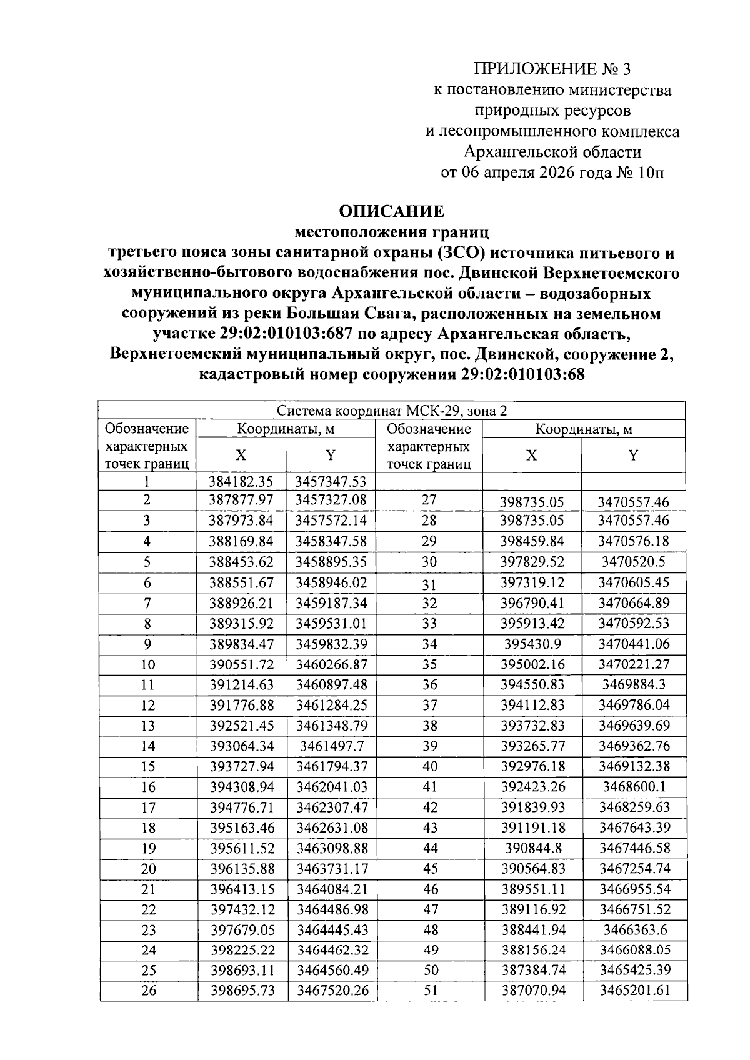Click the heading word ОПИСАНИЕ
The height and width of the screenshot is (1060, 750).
pyautogui.click(x=392, y=211)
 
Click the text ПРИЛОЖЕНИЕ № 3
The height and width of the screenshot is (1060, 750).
pyautogui.click(x=552, y=69)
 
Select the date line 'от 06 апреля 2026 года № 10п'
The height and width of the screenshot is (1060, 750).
pyautogui.click(x=552, y=172)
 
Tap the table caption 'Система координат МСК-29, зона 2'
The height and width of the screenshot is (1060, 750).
pyautogui.click(x=392, y=411)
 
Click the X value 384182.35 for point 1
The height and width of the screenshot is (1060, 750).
pyautogui.click(x=242, y=481)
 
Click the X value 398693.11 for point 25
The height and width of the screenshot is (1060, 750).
pyautogui.click(x=242, y=970)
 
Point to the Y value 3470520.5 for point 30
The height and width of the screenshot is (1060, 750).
pyautogui.click(x=634, y=562)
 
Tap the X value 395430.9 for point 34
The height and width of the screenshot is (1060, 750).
pyautogui.click(x=532, y=644)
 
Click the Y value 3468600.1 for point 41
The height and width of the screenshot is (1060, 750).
pyautogui.click(x=634, y=787)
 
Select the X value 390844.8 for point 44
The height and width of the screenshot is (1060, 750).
pyautogui.click(x=532, y=848)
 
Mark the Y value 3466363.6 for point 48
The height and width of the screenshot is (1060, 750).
pyautogui.click(x=634, y=930)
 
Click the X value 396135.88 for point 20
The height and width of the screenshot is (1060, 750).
pyautogui.click(x=242, y=869)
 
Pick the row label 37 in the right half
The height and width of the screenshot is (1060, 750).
pyautogui.click(x=430, y=705)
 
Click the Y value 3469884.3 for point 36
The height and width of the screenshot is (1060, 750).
pyautogui.click(x=634, y=684)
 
